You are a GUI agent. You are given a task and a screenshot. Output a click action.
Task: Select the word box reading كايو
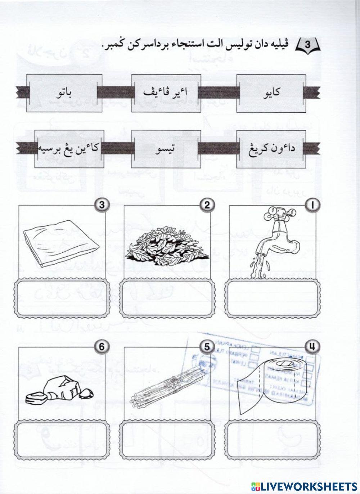click(272, 93)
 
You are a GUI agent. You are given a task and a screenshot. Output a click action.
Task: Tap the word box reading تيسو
click(166, 149)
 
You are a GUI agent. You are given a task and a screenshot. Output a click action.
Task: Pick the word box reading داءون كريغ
click(272, 149)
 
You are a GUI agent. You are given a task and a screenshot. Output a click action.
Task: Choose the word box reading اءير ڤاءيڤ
click(166, 93)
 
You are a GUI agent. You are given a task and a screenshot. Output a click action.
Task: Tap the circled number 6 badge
click(101, 347)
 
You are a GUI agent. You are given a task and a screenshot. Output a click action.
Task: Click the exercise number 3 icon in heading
click(309, 45)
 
